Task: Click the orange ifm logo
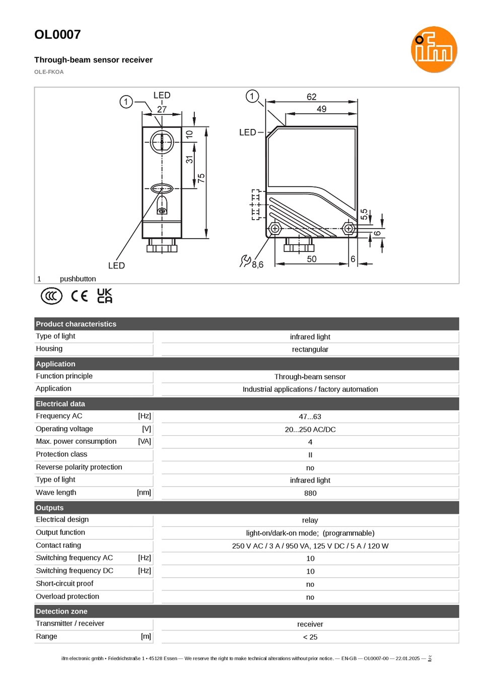pyautogui.click(x=434, y=49)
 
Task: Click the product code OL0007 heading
pyautogui.click(x=57, y=35)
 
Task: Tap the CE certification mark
pyautogui.click(x=79, y=296)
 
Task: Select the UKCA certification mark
pyautogui.click(x=105, y=296)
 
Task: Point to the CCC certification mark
pyautogui.click(x=51, y=296)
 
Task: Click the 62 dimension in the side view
pyautogui.click(x=311, y=97)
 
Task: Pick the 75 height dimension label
pyautogui.click(x=201, y=178)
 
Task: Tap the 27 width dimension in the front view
pyautogui.click(x=162, y=109)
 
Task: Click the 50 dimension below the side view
pyautogui.click(x=311, y=259)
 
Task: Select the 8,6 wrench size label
pyautogui.click(x=257, y=265)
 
